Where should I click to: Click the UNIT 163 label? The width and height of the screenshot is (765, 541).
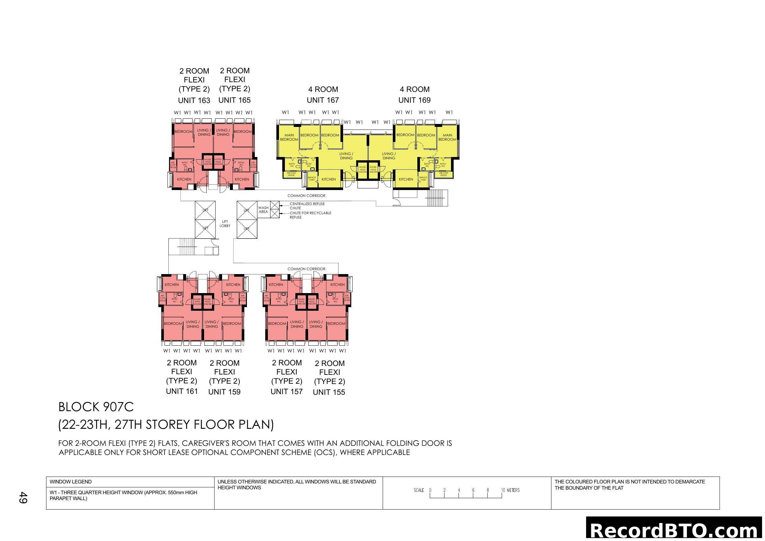coord(194,100)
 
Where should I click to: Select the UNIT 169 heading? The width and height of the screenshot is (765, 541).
coord(414,100)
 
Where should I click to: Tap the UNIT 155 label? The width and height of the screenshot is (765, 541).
coord(328,392)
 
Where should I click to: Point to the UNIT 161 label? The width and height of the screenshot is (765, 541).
coord(182,391)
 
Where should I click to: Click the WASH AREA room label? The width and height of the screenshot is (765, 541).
coord(263,210)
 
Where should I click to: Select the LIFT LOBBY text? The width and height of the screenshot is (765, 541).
coord(225,223)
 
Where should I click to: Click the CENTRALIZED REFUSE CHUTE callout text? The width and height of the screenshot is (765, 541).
coord(306,206)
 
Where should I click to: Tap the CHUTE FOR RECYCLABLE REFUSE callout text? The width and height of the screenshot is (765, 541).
coord(310,215)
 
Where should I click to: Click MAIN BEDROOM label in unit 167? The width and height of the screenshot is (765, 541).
coord(289,137)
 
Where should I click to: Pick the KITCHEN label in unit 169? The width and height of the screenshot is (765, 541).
coord(406,179)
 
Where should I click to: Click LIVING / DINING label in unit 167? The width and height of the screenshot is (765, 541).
coord(346,156)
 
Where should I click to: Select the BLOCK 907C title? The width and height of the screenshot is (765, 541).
coord(96,407)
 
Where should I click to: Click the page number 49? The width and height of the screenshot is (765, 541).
coord(23,497)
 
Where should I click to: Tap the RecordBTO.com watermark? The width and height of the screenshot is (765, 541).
coord(675,530)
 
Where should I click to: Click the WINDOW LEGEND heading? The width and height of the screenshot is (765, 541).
coord(70,482)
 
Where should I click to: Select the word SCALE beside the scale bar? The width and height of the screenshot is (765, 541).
coord(419,490)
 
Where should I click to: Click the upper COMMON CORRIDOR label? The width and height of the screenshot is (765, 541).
coord(306,196)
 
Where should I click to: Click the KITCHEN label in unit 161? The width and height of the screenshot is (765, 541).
coord(172,285)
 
